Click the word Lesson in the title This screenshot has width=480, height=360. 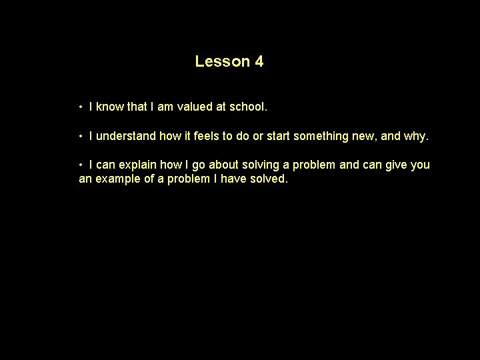[222, 62]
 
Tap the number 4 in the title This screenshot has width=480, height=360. [259, 62]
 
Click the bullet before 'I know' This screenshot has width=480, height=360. [80, 107]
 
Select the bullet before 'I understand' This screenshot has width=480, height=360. [80, 137]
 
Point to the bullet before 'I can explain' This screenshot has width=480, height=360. [80, 165]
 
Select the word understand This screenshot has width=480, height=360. [127, 137]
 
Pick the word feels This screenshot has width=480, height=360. [206, 137]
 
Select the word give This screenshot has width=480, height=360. [395, 165]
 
